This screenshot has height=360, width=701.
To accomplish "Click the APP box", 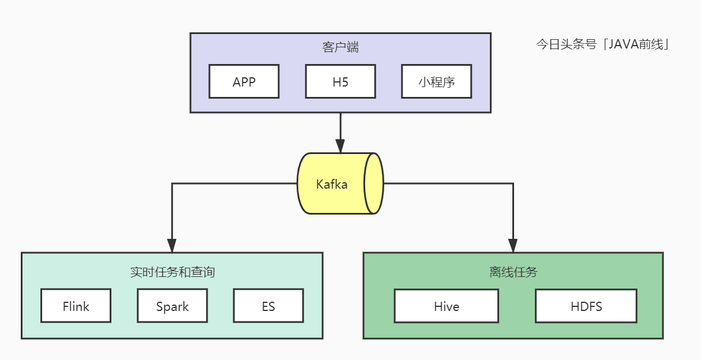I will [244, 81].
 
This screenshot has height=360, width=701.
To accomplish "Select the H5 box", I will [340, 81].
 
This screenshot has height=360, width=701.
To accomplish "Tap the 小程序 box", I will [437, 81].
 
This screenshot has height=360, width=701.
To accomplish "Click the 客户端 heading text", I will [340, 47].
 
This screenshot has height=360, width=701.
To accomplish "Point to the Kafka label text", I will [332, 185].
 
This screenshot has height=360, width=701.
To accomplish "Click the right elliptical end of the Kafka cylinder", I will [374, 183].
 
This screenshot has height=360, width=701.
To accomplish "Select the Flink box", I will [76, 306].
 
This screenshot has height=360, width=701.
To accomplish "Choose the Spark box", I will [172, 306].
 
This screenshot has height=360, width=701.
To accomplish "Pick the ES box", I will [268, 306].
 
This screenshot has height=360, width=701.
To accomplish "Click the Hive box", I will [447, 306].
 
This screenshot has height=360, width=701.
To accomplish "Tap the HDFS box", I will [586, 306].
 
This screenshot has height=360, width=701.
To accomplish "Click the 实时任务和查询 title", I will [173, 272].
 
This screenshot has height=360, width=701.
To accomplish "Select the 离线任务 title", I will [513, 272].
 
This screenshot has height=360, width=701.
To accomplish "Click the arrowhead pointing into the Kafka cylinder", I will [340, 147].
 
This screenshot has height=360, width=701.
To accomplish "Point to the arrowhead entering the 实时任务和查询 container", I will [171, 245].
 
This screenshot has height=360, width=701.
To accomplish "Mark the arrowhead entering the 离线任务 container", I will [513, 245].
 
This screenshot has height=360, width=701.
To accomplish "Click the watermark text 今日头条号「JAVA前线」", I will [603, 45].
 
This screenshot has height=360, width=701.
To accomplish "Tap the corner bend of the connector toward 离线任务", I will [513, 183].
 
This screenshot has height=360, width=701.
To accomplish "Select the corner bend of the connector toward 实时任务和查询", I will [171, 183].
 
